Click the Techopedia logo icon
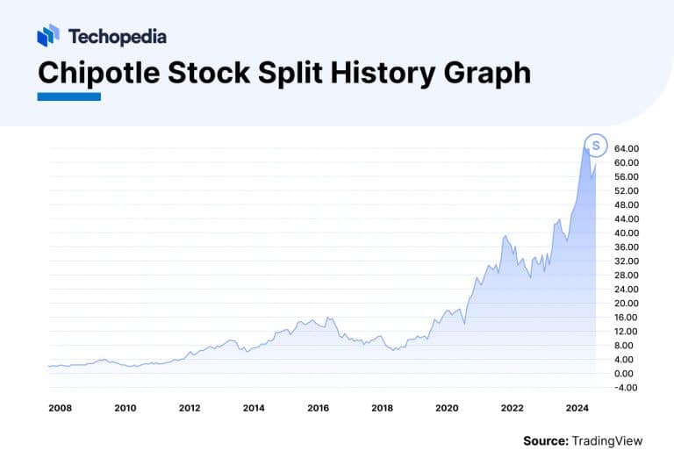point(48,36)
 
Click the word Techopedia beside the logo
point(117,37)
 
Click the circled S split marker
point(596,144)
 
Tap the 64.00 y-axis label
point(626,149)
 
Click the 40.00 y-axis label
point(626,233)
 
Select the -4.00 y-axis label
point(626,388)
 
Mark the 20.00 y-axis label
point(626,304)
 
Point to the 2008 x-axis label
point(61,408)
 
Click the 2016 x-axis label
point(318,408)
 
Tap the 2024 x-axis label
point(576,408)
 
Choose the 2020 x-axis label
point(447,408)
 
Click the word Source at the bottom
point(545,440)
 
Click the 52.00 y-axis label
point(626,191)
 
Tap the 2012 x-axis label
point(190,408)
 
